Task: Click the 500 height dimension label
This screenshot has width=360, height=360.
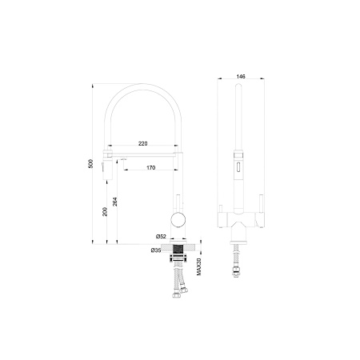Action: coord(90,163)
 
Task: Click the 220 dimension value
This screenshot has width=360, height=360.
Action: coord(143,143)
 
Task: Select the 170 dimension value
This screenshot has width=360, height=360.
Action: coord(151,168)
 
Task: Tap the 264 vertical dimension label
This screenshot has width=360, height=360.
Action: coord(114,202)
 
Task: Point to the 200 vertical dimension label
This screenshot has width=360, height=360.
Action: coord(105,212)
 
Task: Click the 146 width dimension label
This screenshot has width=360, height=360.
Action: coord(241,77)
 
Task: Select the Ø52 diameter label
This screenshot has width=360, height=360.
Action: coord(161,236)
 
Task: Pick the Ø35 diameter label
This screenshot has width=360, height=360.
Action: coord(156,250)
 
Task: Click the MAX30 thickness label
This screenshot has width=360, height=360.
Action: coord(198,266)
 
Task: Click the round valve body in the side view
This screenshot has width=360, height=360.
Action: coord(178,220)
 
